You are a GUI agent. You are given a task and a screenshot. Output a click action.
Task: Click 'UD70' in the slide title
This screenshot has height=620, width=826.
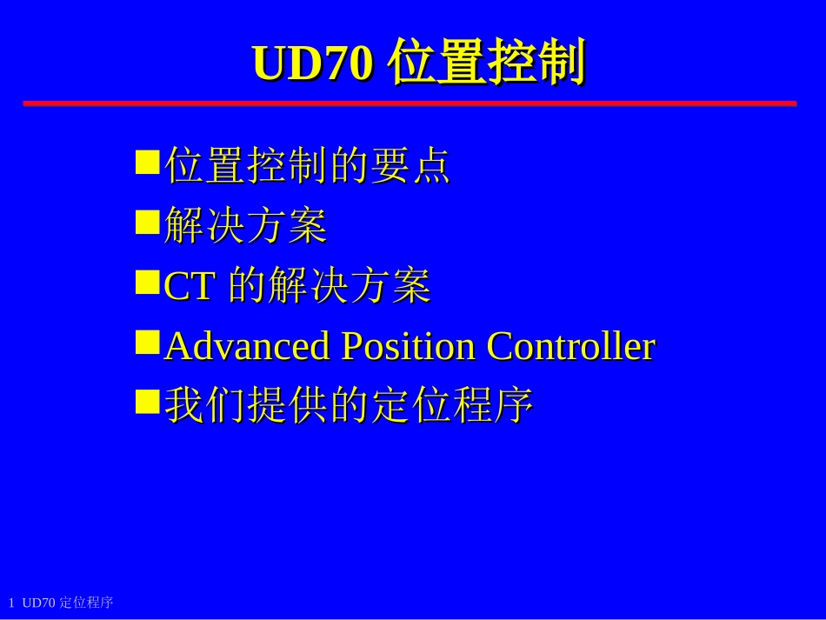(312, 63)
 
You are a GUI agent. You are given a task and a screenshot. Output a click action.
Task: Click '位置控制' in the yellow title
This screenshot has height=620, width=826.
(487, 63)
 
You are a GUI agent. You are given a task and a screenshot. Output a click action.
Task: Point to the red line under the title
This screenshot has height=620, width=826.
(409, 103)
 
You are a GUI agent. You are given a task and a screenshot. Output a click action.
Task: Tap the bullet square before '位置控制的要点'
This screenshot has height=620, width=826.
(148, 163)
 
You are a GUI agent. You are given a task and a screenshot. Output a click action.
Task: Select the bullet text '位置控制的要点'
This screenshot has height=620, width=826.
(307, 165)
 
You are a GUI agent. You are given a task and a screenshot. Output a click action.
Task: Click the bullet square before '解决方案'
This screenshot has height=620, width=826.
(148, 222)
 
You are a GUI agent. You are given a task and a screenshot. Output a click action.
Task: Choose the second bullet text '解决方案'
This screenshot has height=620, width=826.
(245, 225)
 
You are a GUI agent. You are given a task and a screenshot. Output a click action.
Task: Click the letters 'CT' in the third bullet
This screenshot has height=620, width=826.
(189, 287)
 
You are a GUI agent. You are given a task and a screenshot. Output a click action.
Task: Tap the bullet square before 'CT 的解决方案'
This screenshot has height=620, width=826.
(148, 282)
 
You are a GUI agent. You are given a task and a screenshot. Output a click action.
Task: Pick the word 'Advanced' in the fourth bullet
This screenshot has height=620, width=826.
(247, 346)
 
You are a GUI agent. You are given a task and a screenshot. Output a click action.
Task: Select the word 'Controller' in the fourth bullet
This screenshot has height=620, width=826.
(570, 346)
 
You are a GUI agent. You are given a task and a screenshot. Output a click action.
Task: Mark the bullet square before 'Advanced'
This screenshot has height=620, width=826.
(148, 342)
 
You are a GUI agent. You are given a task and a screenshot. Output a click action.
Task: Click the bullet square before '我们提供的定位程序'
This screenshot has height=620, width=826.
(148, 401)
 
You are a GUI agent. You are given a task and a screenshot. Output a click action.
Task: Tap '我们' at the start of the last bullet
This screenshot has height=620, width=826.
(205, 405)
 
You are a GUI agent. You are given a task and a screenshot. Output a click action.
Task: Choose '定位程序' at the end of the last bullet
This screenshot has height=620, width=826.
(452, 405)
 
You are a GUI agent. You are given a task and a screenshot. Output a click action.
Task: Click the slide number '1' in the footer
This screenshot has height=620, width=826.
(11, 603)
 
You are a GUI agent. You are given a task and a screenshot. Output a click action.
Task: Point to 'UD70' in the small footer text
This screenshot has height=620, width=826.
(39, 603)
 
